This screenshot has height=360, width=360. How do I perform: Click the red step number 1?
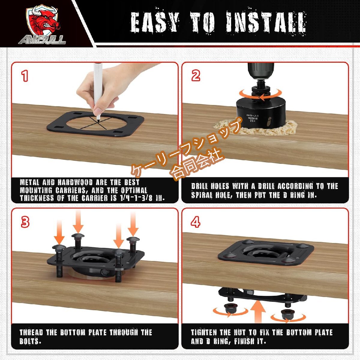coord(25,76)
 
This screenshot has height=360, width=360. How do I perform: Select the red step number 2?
coord(196,76)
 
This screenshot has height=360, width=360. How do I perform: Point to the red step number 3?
coord(25,222)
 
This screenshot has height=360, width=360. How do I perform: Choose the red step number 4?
coord(196,222)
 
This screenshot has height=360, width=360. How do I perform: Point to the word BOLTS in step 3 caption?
coord(30,341)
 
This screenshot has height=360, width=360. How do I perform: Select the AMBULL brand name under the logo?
coord(42,40)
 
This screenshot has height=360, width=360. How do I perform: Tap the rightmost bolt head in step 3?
coord(133,239)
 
